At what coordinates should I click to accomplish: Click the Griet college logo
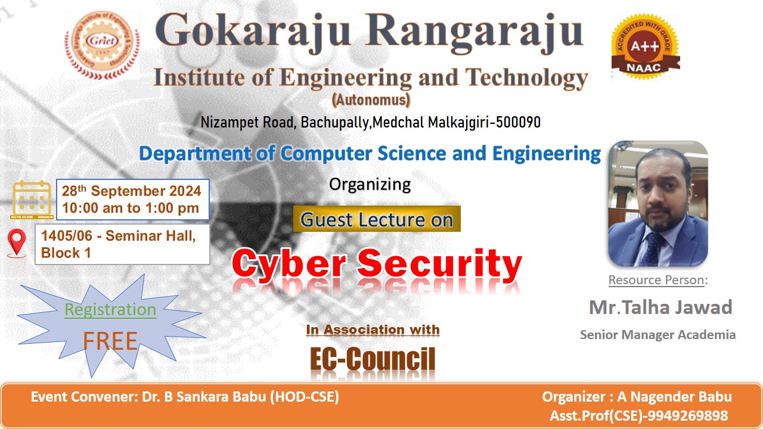tap(102, 45)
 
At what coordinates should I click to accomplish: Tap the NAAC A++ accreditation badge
tap(645, 46)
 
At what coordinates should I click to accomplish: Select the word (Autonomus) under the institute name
tap(371, 100)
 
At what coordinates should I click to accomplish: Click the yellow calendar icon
tap(32, 200)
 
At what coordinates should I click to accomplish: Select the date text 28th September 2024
tap(131, 191)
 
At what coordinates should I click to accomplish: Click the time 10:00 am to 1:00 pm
tap(131, 208)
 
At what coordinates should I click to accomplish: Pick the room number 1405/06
tap(67, 235)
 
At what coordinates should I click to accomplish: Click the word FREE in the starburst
tap(110, 341)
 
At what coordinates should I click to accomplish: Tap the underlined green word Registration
tap(110, 310)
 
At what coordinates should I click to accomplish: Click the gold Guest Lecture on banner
tap(377, 219)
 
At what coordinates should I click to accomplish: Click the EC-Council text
tap(373, 359)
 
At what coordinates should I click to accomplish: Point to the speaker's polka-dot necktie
tap(652, 250)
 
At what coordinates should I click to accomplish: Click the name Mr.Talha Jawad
tap(660, 307)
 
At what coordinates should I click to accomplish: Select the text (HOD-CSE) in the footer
tap(305, 397)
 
